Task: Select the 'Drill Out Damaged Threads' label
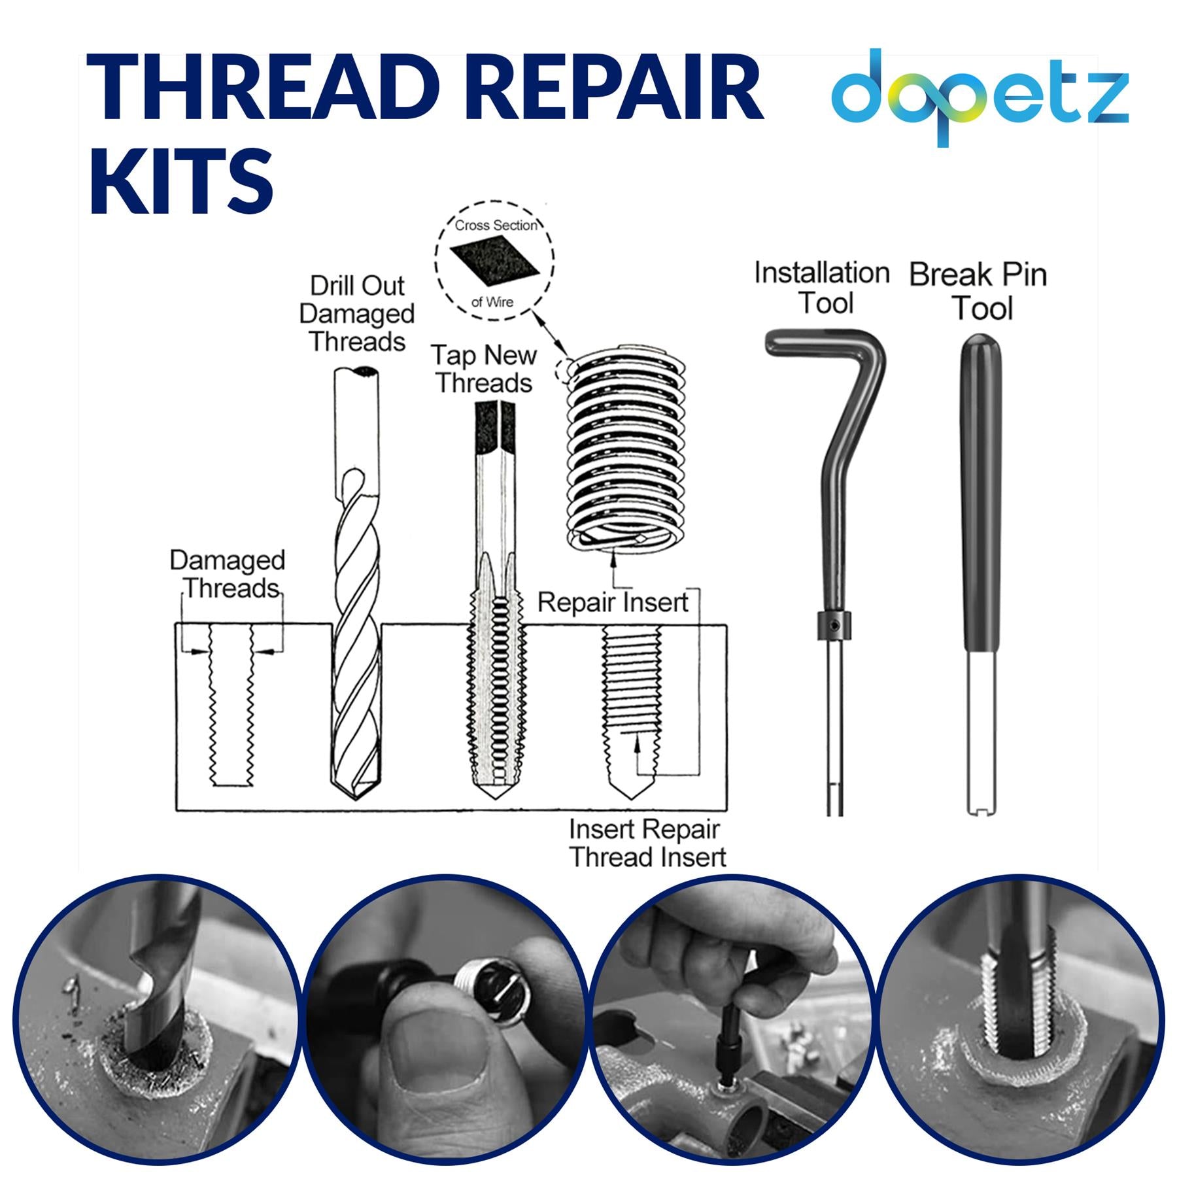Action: [356, 314]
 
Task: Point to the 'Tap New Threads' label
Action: [484, 369]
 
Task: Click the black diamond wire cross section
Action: [494, 262]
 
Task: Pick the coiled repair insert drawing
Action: [626, 451]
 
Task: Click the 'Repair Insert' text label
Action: [613, 602]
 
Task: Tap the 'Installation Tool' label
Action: [822, 288]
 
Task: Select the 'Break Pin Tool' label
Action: [979, 291]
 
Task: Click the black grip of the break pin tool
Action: [981, 497]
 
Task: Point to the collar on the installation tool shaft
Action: [834, 626]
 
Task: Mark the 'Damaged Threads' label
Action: [228, 574]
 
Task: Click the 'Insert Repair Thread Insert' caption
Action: [647, 844]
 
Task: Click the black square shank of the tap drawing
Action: [495, 425]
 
